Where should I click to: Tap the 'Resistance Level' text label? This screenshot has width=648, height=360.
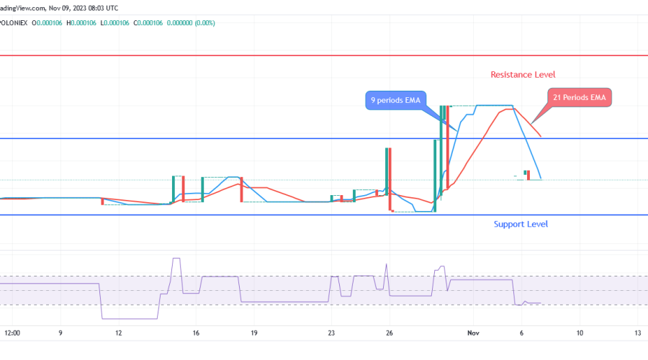pos(523,75)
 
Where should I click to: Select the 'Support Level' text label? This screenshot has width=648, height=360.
pos(521,224)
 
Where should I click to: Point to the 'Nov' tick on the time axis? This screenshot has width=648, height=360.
pos(473,333)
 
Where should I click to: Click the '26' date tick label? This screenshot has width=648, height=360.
pos(389,333)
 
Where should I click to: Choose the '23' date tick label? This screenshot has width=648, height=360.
pos(331,333)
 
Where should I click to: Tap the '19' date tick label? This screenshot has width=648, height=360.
pos(254,333)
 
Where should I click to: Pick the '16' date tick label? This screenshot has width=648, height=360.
pos(196,333)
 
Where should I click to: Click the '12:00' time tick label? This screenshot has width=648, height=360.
pos(12,333)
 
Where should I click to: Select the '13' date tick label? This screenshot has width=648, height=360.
pos(638,333)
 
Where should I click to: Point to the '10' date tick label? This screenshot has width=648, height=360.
pos(580,333)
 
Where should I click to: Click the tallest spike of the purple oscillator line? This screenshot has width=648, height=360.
pos(174,258)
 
